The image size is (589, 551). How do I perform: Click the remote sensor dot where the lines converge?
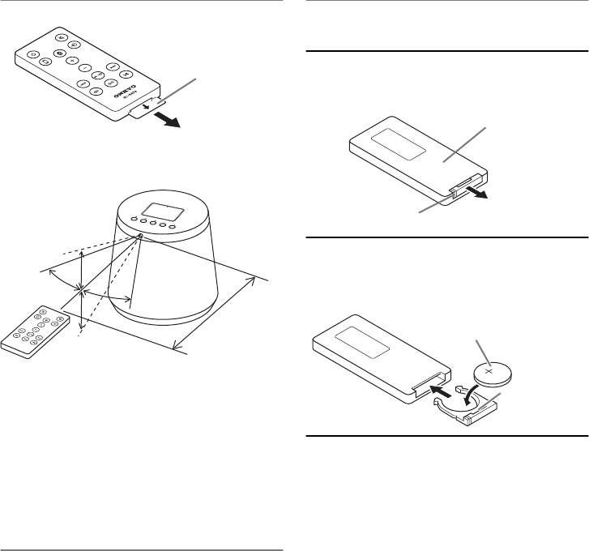(140, 237)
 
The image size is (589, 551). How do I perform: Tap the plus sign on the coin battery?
(488, 372)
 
